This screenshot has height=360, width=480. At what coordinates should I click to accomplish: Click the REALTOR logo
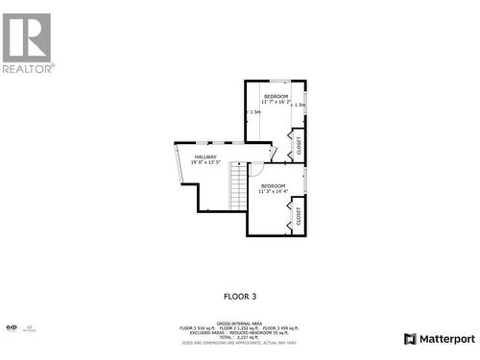pos(28,42)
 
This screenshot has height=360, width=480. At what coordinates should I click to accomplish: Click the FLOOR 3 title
pos(240,297)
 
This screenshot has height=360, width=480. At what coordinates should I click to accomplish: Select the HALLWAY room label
pos(205,156)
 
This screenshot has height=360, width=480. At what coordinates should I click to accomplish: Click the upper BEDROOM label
pos(276,96)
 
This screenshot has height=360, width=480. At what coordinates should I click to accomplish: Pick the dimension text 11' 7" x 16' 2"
pos(276,102)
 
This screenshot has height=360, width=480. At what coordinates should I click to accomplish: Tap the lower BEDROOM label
pos(273,185)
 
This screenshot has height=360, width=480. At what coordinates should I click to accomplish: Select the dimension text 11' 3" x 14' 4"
pos(273,192)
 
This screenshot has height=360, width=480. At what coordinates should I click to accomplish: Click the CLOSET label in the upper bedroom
pos(299,146)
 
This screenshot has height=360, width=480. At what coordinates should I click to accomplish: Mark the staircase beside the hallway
pos(238,187)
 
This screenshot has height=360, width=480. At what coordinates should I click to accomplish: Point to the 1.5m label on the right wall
pos(300,105)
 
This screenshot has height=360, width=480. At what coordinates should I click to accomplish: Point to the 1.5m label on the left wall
pos(254,111)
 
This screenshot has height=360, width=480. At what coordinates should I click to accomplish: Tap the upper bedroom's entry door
pos(273,152)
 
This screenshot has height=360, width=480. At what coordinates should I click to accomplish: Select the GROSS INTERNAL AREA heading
pos(240,324)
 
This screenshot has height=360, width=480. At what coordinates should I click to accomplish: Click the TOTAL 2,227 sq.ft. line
pos(240,338)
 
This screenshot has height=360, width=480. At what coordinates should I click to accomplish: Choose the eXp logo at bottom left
pos(12,328)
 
